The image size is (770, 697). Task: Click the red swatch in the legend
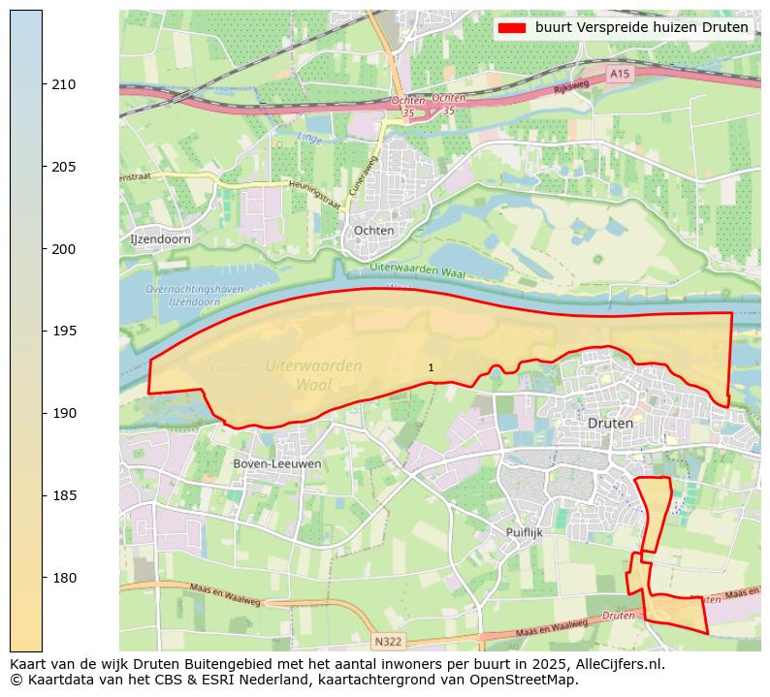pyautogui.click(x=511, y=27)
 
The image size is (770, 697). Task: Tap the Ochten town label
pyautogui.click(x=374, y=231)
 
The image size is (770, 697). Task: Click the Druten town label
pyautogui.click(x=610, y=424)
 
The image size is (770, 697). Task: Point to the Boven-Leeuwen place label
pyautogui.click(x=277, y=464)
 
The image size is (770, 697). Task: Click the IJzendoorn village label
pyautogui.click(x=160, y=238)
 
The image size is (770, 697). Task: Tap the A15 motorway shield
pyautogui.click(x=620, y=74)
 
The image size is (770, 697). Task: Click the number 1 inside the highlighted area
pyautogui.click(x=431, y=367)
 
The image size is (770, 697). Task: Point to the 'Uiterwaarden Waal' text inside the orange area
pyautogui.click(x=313, y=374)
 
